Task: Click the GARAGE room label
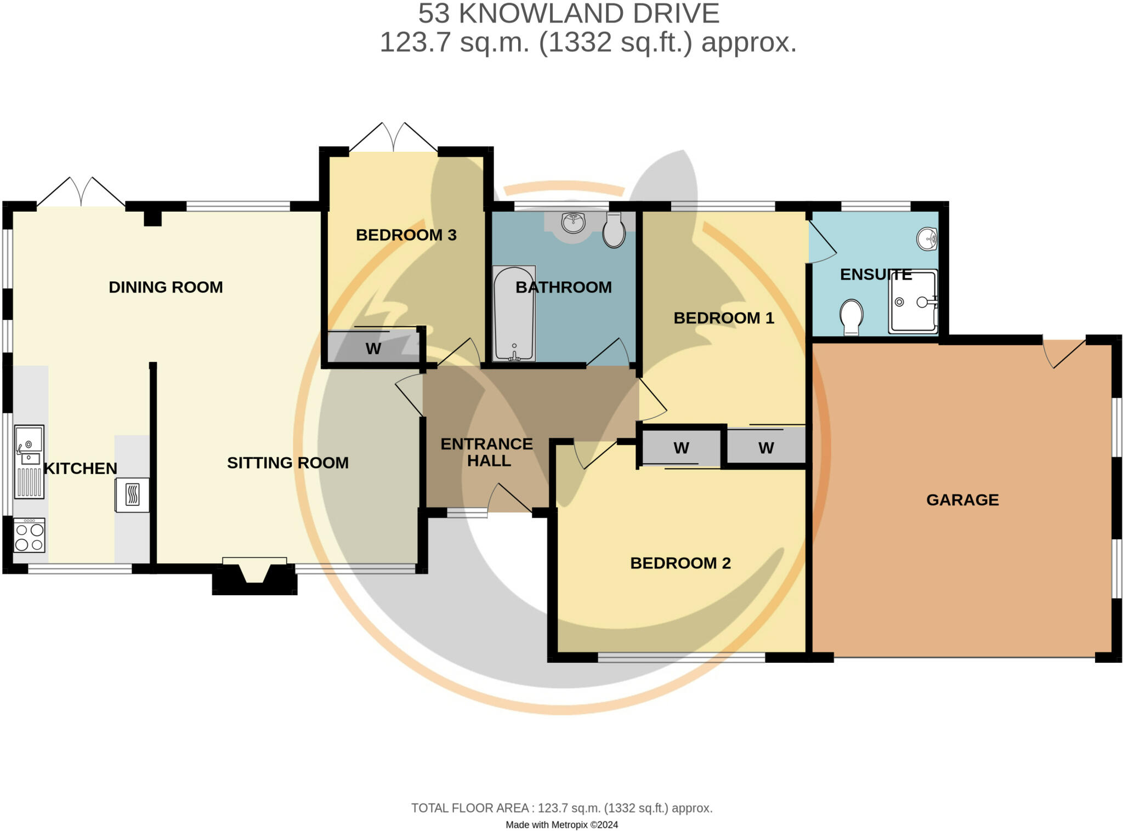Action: click(962, 500)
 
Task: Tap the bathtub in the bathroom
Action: click(514, 314)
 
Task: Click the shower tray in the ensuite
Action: click(914, 301)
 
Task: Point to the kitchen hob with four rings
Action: click(29, 536)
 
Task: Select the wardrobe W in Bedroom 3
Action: click(373, 349)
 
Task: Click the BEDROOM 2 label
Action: click(680, 563)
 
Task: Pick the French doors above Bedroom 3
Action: click(394, 137)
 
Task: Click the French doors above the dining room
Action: click(81, 192)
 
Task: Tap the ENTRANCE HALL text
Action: click(487, 452)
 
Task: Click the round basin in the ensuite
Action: click(927, 239)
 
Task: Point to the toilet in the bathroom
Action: click(614, 230)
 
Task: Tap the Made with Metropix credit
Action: click(561, 824)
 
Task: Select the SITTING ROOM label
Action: click(288, 463)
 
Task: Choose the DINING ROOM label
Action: click(166, 287)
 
